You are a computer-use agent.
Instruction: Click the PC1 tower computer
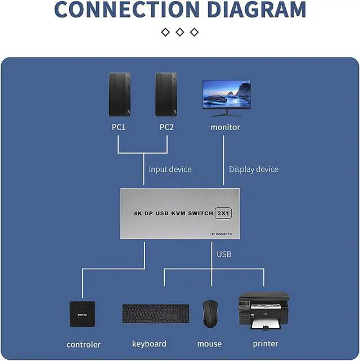[118, 95]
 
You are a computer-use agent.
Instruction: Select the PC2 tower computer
[166, 95]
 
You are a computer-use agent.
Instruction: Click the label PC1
[118, 127]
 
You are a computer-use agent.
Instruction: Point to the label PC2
[166, 127]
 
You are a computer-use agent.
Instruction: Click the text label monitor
[225, 127]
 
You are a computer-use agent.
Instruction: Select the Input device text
[170, 169]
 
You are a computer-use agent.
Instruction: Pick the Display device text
[253, 169]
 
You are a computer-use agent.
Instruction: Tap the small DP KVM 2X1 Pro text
[225, 233]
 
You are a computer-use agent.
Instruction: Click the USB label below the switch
[224, 255]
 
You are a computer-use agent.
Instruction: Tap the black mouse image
[210, 313]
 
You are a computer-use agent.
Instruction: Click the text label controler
[83, 344]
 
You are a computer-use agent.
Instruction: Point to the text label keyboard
[149, 344]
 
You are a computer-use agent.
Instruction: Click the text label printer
[265, 343]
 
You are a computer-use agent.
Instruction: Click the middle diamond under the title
[180, 32]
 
